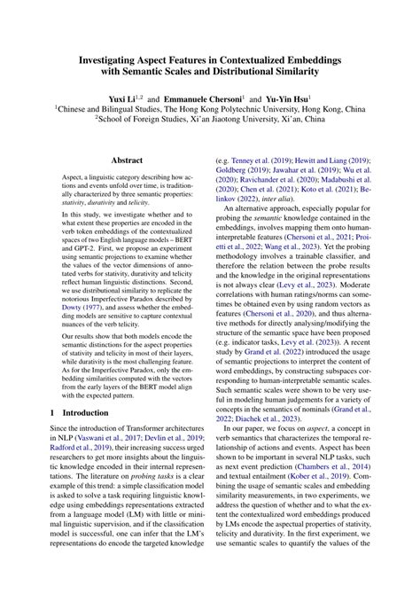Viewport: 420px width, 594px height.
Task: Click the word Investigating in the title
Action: (x=97, y=56)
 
